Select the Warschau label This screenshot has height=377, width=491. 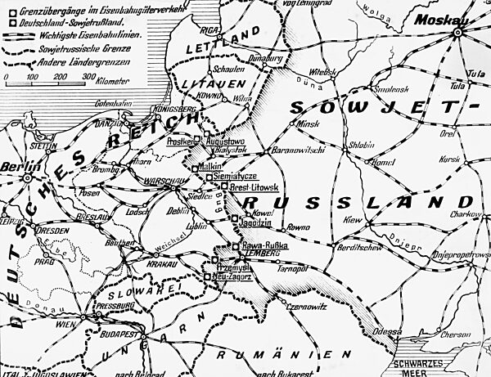[x=151, y=182]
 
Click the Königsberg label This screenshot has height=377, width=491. [x=173, y=106]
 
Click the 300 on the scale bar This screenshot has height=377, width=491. [x=88, y=75]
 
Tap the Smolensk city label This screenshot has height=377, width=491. [x=390, y=89]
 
